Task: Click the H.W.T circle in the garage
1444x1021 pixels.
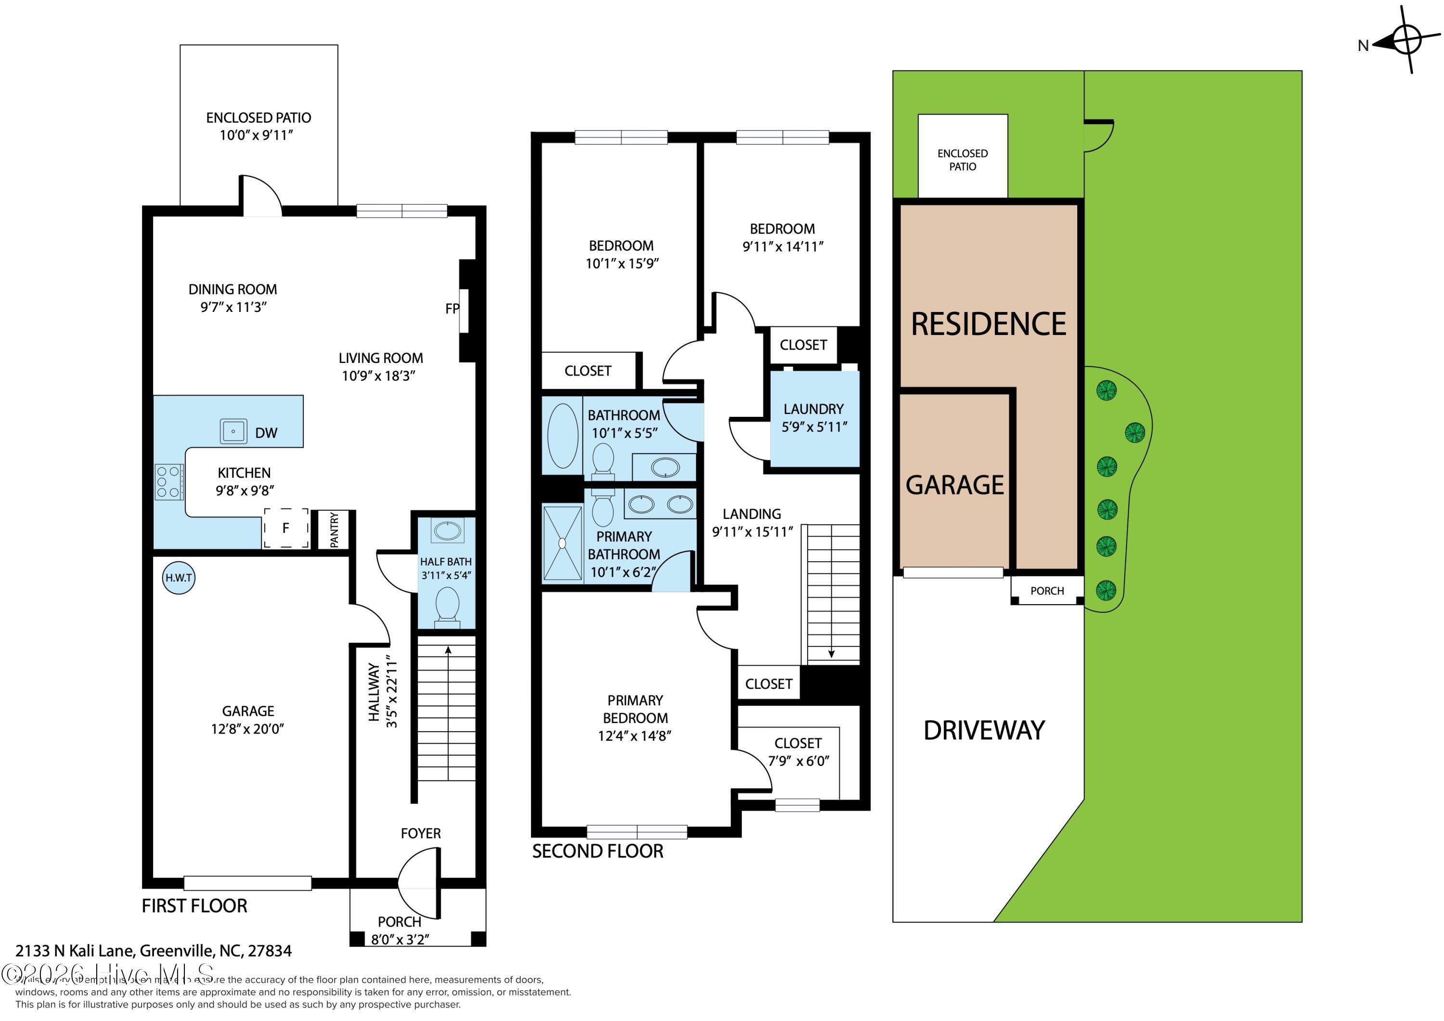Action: click(x=179, y=578)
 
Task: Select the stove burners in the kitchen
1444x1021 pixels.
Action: click(x=169, y=481)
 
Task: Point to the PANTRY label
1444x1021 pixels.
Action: click(x=334, y=530)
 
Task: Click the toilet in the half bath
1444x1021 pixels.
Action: click(x=447, y=605)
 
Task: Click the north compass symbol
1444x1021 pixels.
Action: click(x=1406, y=41)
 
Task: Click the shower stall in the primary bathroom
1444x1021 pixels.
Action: click(x=562, y=542)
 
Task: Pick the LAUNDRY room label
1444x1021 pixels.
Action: click(x=813, y=409)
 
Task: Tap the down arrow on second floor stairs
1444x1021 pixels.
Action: click(x=831, y=654)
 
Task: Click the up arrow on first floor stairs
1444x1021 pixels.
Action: click(x=448, y=650)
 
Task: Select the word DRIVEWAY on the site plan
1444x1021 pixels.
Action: click(x=984, y=730)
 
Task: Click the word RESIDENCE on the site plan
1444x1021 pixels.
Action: click(x=988, y=324)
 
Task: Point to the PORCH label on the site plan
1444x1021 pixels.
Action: click(x=1047, y=591)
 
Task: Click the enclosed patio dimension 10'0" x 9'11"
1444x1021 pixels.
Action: click(x=257, y=135)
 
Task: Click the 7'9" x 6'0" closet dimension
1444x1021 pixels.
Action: click(x=798, y=761)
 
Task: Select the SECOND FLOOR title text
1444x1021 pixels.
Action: click(x=597, y=851)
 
